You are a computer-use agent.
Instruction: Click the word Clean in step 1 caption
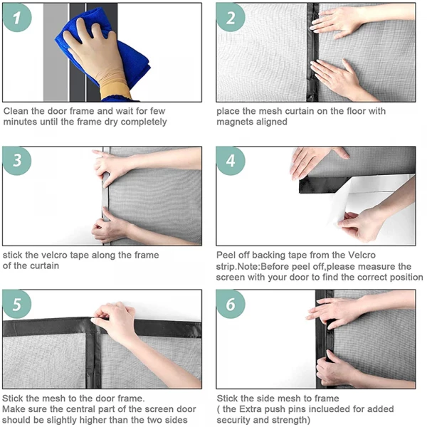pyautogui.click(x=16, y=111)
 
